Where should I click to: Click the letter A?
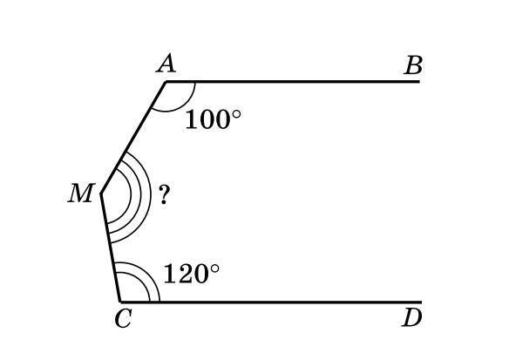tap(166, 64)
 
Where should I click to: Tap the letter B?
tap(413, 65)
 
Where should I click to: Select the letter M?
tap(81, 194)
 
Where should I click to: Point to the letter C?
tap(124, 318)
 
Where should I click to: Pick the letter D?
tap(412, 317)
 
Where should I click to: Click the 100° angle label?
tap(213, 119)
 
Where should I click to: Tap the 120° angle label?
tap(192, 274)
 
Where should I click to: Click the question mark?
tap(164, 194)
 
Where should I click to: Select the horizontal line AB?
tap(293, 81)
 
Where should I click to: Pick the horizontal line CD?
tap(271, 302)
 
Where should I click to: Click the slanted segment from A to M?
tap(133, 137)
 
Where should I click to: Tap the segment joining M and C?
tap(111, 248)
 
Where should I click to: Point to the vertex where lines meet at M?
tap(101, 194)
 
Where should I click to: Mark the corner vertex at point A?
tap(166, 81)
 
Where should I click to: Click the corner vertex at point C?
tap(120, 302)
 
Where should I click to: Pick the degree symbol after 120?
tap(214, 268)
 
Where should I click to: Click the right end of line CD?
tap(422, 302)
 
